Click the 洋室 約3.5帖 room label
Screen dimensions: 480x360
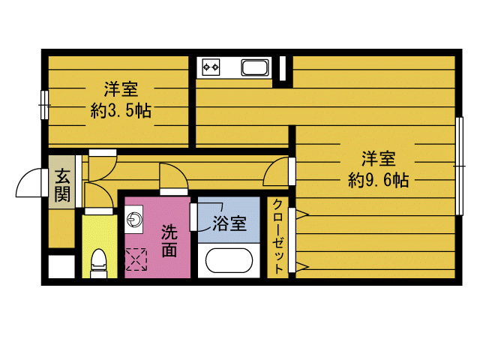121,100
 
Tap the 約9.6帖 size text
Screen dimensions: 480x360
378,180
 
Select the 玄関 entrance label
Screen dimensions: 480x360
62,185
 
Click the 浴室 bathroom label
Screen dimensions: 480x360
229,223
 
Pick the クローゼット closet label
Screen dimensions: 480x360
277,236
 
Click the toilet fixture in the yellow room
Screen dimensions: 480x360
99,263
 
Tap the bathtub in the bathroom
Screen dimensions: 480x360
229,260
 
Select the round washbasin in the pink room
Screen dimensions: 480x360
133,219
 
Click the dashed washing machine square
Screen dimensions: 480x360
136,259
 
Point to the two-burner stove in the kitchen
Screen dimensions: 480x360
211,67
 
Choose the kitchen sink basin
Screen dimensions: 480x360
255,67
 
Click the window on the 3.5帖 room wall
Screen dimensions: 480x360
44,105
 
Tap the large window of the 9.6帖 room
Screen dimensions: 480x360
459,166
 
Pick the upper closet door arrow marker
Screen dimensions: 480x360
302,214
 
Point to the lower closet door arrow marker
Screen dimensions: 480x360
302,267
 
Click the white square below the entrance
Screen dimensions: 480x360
61,267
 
